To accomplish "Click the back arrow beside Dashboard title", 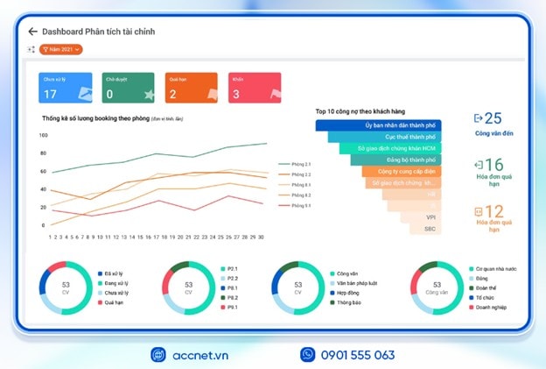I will point(32,32).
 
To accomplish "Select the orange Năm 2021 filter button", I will point(61,49).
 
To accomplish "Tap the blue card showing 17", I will point(66,89).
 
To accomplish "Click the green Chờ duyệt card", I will point(128,89).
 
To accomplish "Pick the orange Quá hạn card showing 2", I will point(192,89).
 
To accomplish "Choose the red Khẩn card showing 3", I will point(255,89).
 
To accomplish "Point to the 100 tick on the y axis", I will point(43,135).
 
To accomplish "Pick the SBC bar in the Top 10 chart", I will point(430,228).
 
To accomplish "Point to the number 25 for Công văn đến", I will point(493,117).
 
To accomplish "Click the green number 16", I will point(493,165).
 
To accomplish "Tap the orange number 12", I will point(493,211).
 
